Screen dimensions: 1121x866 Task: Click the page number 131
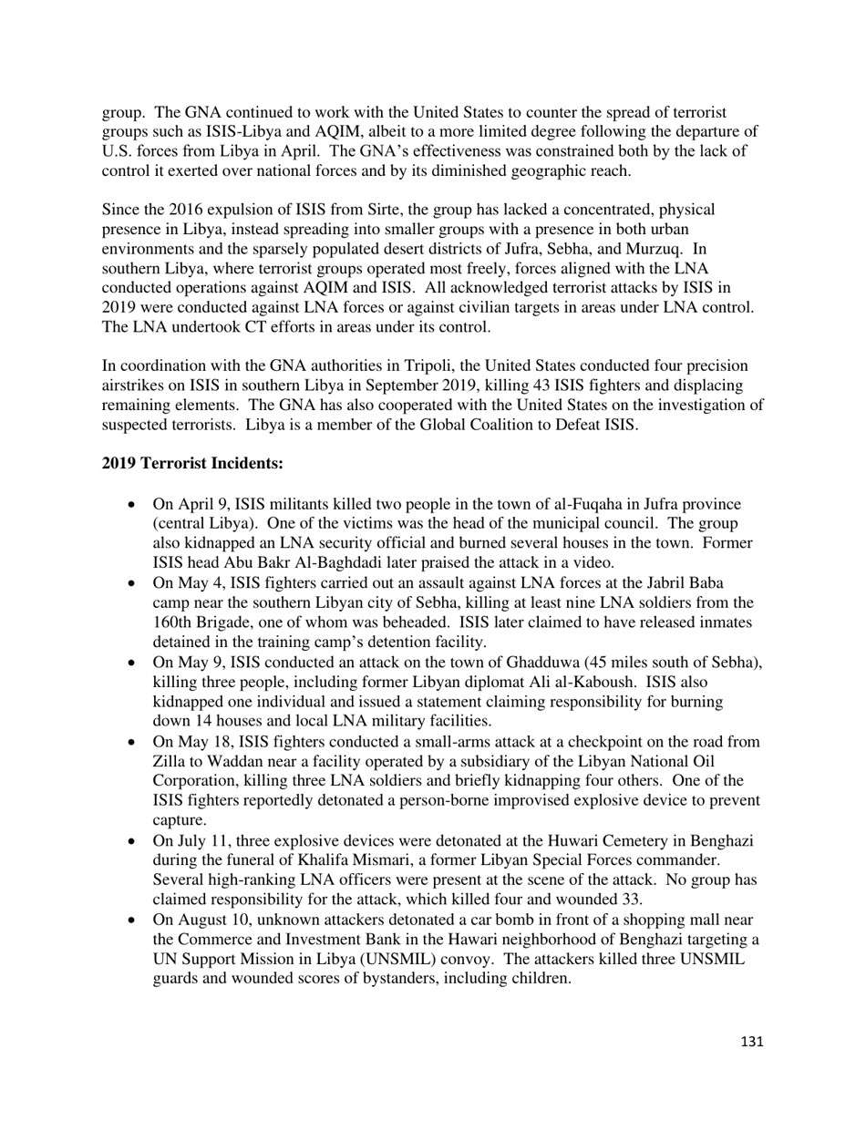point(752,1042)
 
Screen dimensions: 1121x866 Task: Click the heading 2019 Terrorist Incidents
point(192,463)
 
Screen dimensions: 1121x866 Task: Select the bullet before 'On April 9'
point(133,505)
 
